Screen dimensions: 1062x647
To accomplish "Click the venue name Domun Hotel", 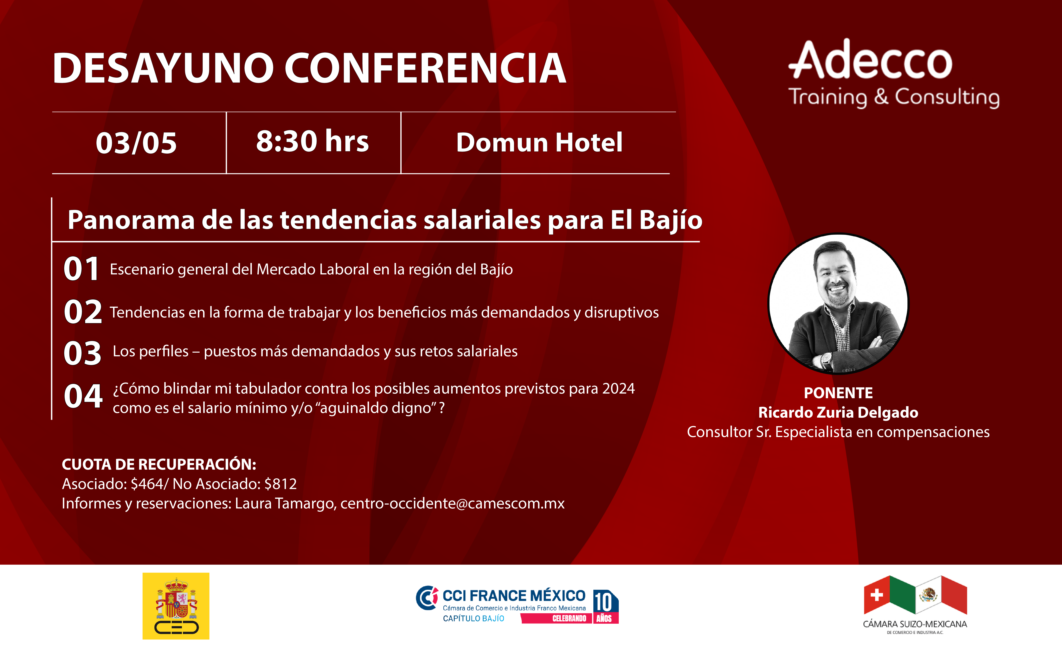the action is pos(539,142).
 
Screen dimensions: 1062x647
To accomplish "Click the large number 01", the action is pos(81,269).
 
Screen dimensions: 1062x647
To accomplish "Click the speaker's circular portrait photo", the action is pos(838,304).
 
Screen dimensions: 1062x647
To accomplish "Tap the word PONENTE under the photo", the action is pos(838,393).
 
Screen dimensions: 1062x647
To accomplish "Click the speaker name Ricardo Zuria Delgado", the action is pos(838,412).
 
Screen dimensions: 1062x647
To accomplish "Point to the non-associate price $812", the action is pos(281,484).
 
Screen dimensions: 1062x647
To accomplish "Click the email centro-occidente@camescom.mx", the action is pos(453,503).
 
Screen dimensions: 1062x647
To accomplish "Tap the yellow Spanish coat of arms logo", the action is pos(176,606).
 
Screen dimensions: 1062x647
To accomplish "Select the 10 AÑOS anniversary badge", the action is pos(606,606).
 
